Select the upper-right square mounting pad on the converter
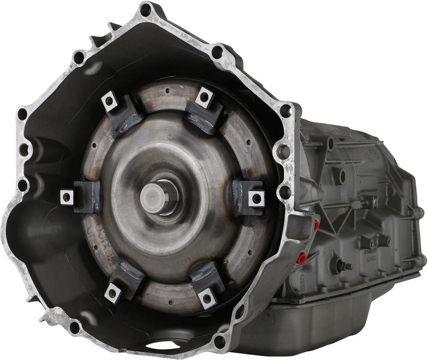(204, 97)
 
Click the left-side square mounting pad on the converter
(66, 197)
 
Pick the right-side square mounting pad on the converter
(256, 198)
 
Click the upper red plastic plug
(316, 226)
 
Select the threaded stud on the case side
(344, 266)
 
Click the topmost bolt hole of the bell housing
(146, 10)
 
